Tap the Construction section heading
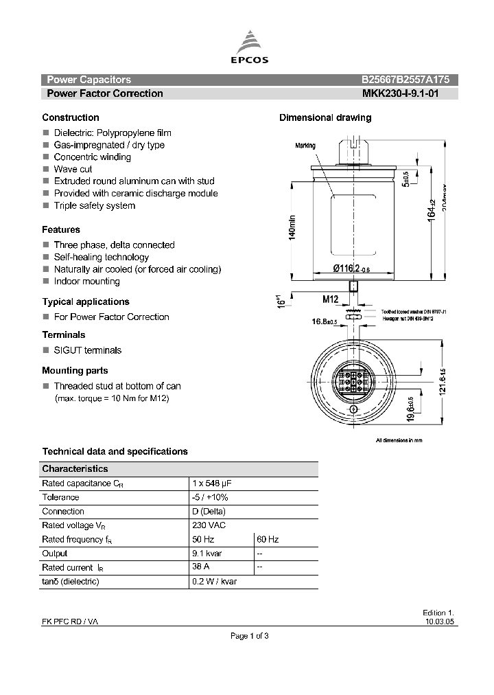(x=71, y=117)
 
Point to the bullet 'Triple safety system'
(x=94, y=205)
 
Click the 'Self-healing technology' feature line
(x=101, y=257)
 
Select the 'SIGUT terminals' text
(x=87, y=350)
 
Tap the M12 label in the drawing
(x=331, y=299)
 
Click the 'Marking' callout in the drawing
(x=305, y=146)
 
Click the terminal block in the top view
(x=353, y=379)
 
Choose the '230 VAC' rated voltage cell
(x=209, y=525)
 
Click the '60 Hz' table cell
(x=268, y=540)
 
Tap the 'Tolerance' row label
(x=60, y=497)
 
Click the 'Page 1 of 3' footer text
(x=249, y=636)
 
